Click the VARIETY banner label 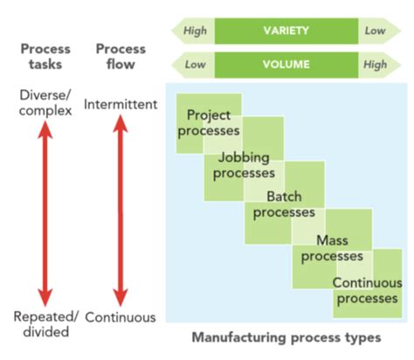coord(286,31)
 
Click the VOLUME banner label coord(286,65)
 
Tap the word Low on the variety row coord(376,31)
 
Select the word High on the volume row coord(376,65)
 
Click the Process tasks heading coord(45,57)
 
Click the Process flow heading coord(121,57)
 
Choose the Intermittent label coord(121,105)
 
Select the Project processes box coord(209,122)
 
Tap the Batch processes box coord(284,204)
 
